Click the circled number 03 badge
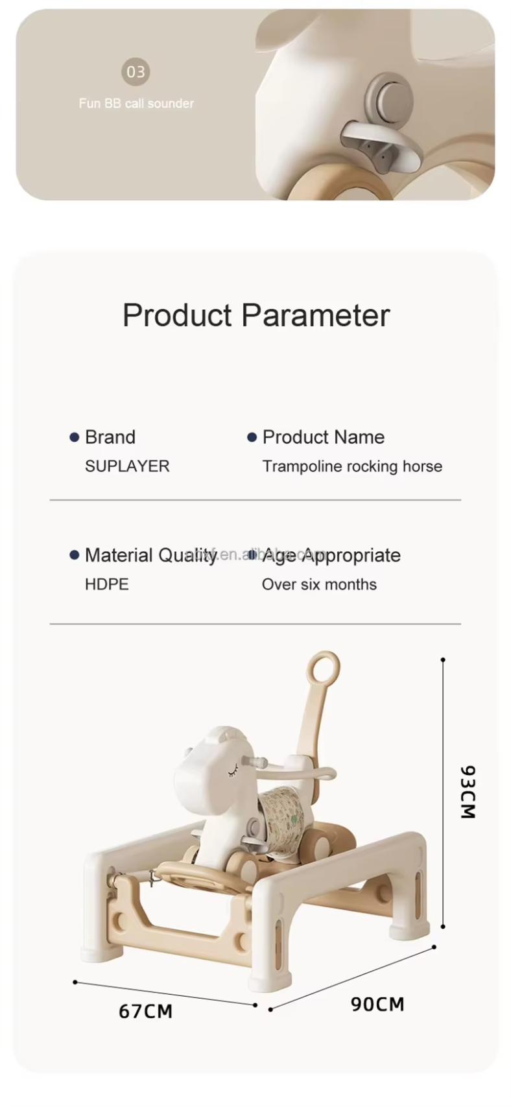[136, 71]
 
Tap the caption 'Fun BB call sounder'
[136, 103]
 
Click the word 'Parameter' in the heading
[315, 315]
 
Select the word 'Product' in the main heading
[177, 315]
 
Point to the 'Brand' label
[110, 437]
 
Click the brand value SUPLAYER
[127, 466]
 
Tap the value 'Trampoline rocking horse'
[352, 466]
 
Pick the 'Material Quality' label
[150, 555]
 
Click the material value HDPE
[107, 584]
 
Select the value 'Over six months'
[319, 584]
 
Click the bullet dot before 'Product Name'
[252, 438]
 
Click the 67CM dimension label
[146, 1011]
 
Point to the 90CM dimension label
[377, 1004]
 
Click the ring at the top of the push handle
[324, 667]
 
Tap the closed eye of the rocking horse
[232, 771]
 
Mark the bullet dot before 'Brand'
[75, 438]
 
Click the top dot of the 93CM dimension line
[443, 660]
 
